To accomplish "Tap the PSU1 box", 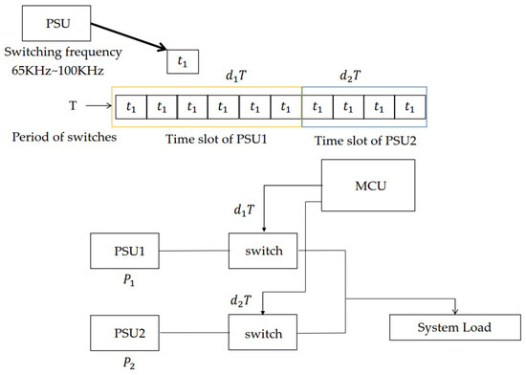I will [x=125, y=254].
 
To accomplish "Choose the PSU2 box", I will [x=125, y=334].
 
